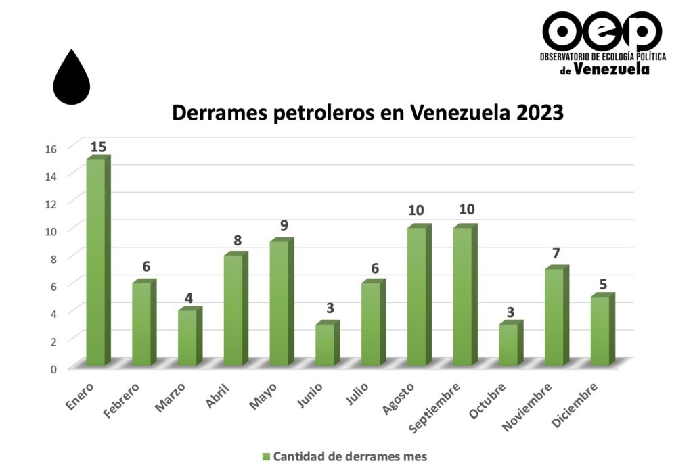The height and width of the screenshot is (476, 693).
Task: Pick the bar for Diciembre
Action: point(600,331)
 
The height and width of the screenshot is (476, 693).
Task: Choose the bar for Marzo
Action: point(187,337)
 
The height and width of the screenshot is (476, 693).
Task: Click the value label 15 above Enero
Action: point(98,147)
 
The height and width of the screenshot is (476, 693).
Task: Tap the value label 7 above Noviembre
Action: point(556,254)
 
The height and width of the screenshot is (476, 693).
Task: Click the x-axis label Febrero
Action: point(122,398)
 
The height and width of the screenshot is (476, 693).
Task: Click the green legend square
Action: point(266,456)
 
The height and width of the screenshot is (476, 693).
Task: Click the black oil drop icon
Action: point(72,77)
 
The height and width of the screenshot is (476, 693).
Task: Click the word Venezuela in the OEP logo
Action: point(611,68)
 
